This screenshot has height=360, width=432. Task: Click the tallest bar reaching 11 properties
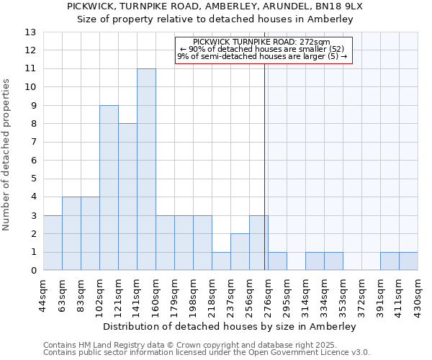146,169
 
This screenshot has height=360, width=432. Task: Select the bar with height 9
109,188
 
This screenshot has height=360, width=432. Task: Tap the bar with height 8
127,197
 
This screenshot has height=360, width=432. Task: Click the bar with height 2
240,252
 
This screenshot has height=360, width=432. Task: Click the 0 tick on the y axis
33,271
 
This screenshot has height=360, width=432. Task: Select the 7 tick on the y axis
33,143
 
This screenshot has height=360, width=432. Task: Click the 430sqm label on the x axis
418,296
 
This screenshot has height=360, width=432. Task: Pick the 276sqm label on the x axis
269,296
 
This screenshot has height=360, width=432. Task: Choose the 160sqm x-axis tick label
156,296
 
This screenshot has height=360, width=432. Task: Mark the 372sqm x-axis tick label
343,296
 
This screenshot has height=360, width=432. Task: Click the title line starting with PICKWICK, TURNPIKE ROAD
215,6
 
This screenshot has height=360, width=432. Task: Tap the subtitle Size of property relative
215,19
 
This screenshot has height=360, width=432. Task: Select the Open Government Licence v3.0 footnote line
206,353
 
